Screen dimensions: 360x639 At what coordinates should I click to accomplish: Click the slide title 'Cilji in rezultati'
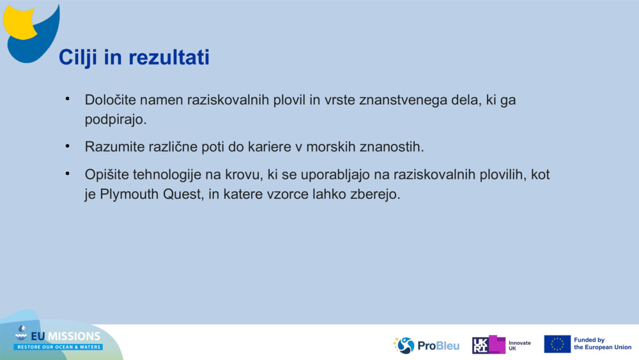[134, 58]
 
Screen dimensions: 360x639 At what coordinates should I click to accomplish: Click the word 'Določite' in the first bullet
[110, 100]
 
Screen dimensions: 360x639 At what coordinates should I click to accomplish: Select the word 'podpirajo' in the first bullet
[114, 120]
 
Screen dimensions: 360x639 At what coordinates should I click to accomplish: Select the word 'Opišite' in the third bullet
[106, 175]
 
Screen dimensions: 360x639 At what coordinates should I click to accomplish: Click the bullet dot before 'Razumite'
[67, 146]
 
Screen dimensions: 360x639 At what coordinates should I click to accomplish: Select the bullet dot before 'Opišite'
[67, 173]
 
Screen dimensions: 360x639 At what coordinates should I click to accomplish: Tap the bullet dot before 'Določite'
[67, 99]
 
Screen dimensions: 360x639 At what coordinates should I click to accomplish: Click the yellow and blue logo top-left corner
[31, 32]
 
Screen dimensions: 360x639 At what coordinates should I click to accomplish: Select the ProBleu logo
[426, 345]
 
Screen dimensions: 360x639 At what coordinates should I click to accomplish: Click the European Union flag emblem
[557, 344]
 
